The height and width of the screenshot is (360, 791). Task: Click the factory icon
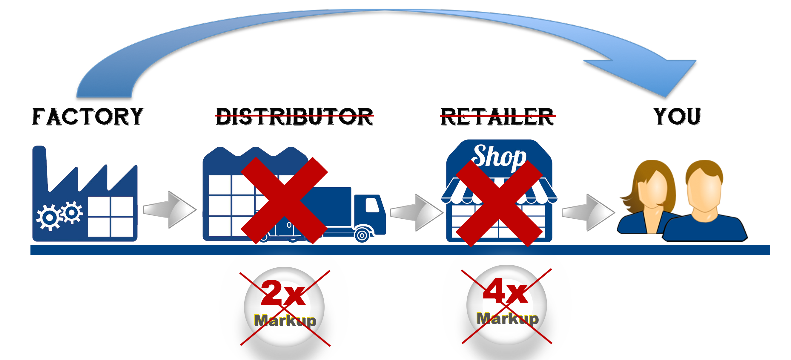click(x=85, y=197)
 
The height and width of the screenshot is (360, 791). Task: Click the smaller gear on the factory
click(x=72, y=212)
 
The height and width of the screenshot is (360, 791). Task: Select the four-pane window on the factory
click(x=110, y=217)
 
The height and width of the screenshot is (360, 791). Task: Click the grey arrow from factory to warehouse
click(x=170, y=209)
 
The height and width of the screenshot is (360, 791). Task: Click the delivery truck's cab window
click(x=372, y=205)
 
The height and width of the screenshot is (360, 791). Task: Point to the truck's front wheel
click(x=362, y=235)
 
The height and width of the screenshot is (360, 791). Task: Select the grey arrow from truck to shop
click(x=416, y=212)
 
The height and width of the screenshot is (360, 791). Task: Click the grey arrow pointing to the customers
click(x=588, y=212)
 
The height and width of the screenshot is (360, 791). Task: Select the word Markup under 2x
click(x=285, y=321)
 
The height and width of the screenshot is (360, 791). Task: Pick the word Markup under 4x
click(x=507, y=318)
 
